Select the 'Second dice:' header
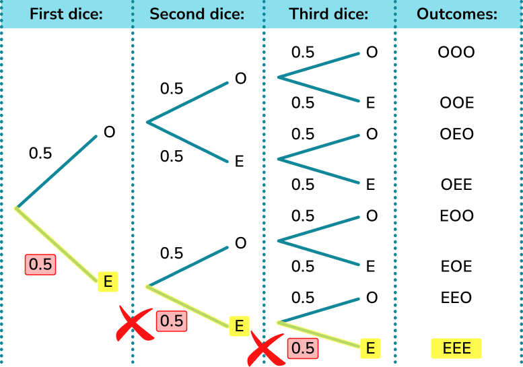click(x=197, y=13)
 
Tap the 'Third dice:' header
click(x=328, y=13)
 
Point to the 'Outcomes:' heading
click(x=457, y=13)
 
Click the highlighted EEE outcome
click(x=456, y=348)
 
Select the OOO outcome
click(x=456, y=52)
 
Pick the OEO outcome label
click(x=456, y=133)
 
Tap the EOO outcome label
click(x=456, y=215)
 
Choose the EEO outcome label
click(x=456, y=297)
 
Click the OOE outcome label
click(x=456, y=102)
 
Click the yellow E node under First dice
click(x=108, y=281)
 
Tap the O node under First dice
click(x=109, y=132)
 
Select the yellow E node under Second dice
click(x=238, y=326)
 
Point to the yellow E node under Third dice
click(x=370, y=348)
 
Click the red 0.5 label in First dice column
click(x=40, y=265)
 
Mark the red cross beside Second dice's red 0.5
click(x=134, y=323)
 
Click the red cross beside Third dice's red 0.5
click(x=265, y=349)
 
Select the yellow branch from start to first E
click(x=57, y=244)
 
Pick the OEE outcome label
click(x=456, y=185)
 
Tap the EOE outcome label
click(x=456, y=266)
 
